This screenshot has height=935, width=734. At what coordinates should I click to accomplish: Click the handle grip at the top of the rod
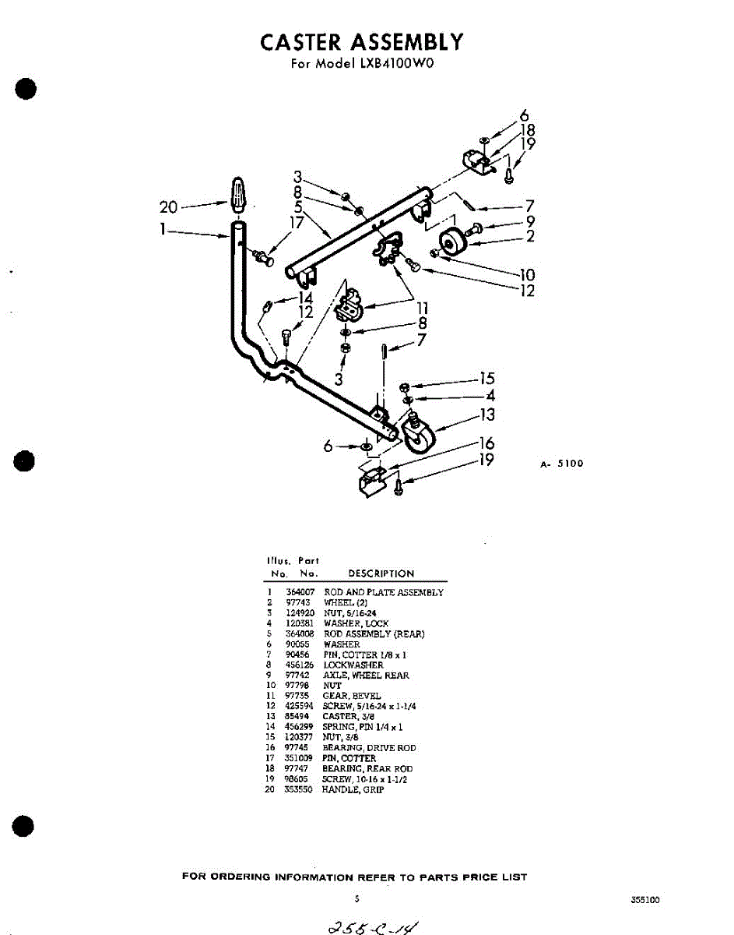(239, 195)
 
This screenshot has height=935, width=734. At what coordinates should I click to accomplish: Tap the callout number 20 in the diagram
(168, 207)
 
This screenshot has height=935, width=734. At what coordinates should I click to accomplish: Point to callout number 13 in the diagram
(487, 415)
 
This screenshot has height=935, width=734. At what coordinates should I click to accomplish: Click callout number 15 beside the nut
(487, 379)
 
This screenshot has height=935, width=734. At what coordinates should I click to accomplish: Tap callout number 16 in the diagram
(487, 443)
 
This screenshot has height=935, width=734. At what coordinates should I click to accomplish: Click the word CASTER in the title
(303, 41)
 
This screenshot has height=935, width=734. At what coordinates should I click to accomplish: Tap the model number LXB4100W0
(393, 64)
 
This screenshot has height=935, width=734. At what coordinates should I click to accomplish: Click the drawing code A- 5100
(561, 464)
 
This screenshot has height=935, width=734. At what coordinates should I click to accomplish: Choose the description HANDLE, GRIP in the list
(353, 789)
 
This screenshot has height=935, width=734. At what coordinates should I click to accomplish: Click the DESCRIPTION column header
(381, 573)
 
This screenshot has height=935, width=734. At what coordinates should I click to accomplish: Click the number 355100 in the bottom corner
(645, 899)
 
